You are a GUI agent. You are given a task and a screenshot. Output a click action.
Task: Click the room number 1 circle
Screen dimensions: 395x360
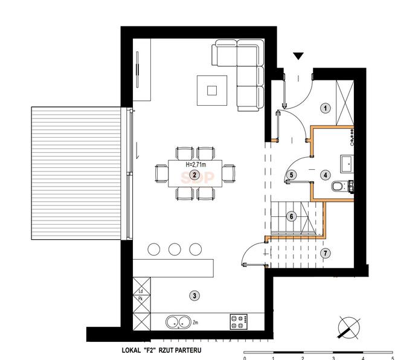tap(325, 108)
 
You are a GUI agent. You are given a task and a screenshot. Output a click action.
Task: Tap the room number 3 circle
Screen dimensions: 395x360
tap(194, 295)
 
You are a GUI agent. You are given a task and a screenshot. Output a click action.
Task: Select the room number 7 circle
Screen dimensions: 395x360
tap(325, 253)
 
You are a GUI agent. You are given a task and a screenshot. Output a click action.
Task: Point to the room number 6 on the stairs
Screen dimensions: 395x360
tap(292, 216)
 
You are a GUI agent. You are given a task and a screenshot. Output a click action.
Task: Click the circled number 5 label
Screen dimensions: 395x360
tap(292, 175)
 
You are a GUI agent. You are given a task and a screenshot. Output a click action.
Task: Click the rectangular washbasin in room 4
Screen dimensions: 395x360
tap(347, 164)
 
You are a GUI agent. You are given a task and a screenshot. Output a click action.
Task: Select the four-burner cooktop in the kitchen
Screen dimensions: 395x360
tap(239, 321)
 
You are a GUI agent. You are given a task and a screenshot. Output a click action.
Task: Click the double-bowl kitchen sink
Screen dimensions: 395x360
tap(178, 322)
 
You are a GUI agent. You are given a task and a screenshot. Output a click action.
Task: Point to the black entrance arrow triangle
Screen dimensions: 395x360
tap(298, 56)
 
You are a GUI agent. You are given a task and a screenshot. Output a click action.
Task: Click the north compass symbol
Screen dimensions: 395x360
tap(349, 327)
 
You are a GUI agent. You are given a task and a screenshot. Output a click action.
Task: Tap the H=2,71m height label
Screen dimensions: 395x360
tap(196, 165)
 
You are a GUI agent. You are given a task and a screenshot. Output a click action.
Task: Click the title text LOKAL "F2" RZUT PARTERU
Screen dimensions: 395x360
tap(161, 350)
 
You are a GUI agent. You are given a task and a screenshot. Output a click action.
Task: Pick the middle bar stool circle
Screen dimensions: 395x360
tap(175, 249)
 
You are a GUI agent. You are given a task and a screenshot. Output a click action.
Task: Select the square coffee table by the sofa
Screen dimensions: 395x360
tap(212, 91)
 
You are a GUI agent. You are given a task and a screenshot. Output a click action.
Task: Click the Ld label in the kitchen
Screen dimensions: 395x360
tap(141, 291)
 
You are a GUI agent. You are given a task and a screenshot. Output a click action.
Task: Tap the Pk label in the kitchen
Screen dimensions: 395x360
tap(141, 299)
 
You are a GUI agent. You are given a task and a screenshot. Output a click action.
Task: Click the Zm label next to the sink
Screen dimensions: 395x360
tap(195, 322)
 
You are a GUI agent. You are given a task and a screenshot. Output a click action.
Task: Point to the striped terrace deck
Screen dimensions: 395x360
tap(76, 173)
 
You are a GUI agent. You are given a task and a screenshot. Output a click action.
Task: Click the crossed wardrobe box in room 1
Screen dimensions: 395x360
tap(345, 103)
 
